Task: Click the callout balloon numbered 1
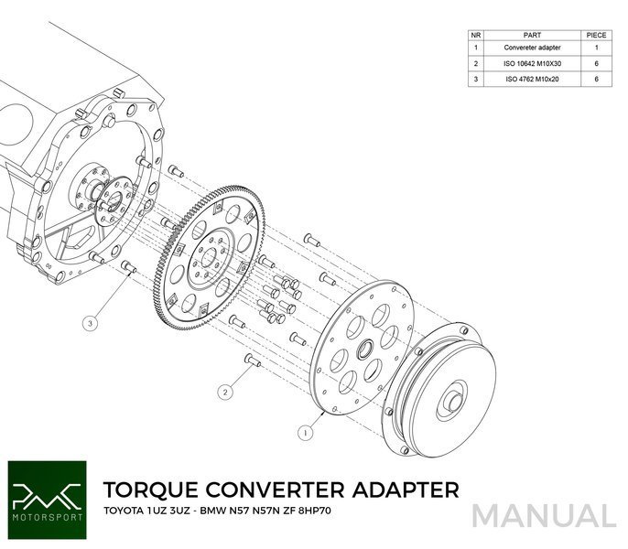(306, 433)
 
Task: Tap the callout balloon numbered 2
(225, 392)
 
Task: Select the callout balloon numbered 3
(90, 323)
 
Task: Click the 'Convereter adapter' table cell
(532, 48)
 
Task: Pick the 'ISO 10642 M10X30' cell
(532, 63)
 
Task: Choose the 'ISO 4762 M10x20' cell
(532, 79)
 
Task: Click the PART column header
(532, 36)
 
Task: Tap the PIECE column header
(596, 36)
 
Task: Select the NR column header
(476, 36)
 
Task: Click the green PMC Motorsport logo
(48, 501)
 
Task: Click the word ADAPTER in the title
(406, 490)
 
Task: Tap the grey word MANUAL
(545, 516)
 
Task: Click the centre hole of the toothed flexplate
(209, 257)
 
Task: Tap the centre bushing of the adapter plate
(365, 349)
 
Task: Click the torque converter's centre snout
(455, 403)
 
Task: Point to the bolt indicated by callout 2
(253, 361)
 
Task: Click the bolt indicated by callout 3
(128, 267)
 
